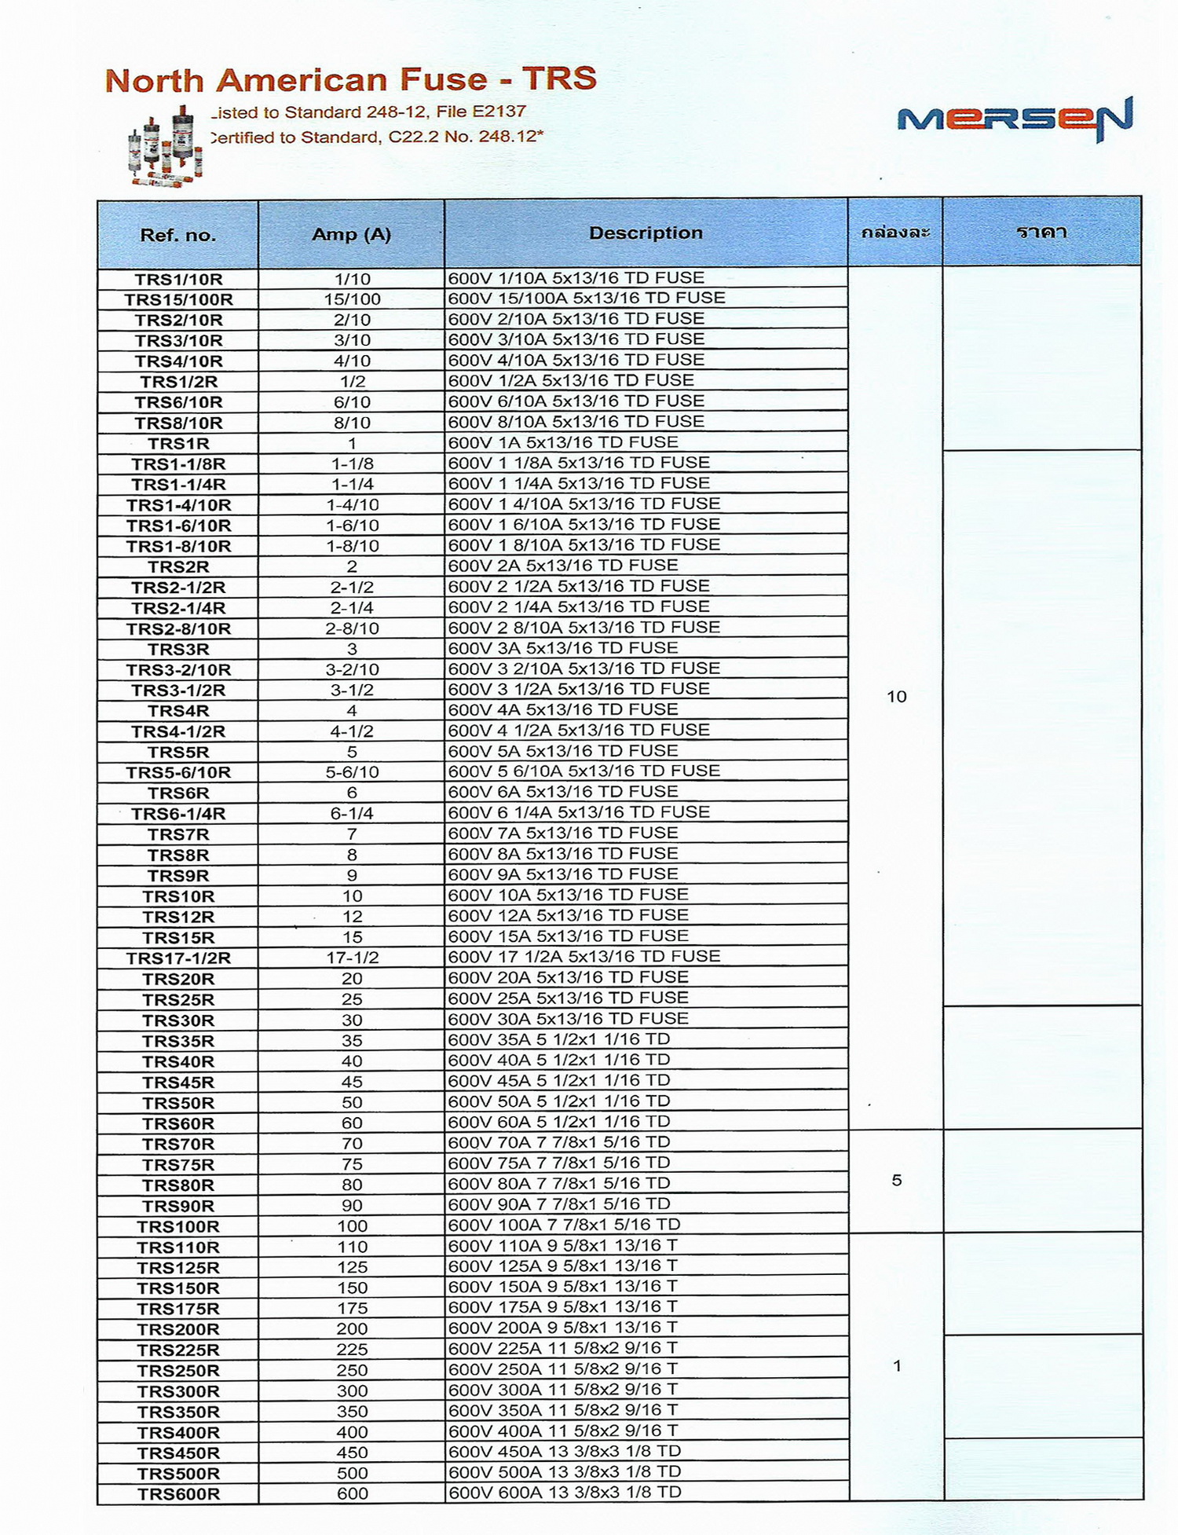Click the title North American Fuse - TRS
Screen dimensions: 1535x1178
(350, 80)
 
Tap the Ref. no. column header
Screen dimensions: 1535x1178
(178, 235)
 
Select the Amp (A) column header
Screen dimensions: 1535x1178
(351, 234)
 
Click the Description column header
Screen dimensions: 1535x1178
(646, 233)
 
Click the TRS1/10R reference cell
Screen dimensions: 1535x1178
(178, 279)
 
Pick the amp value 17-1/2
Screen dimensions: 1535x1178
(352, 958)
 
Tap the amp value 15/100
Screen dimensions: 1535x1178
(352, 299)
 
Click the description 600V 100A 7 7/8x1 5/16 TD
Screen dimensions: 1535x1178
(564, 1225)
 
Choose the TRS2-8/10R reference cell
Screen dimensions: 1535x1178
(178, 628)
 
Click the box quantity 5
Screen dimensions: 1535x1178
(896, 1181)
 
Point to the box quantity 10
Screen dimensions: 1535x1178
(896, 697)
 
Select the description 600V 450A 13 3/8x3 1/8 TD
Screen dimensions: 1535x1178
(564, 1451)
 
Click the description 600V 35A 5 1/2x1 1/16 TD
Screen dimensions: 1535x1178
(558, 1039)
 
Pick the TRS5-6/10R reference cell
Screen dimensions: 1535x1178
(178, 772)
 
